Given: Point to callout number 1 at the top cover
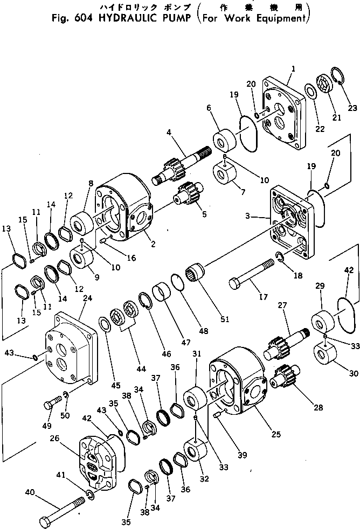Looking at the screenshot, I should pyautogui.click(x=293, y=69).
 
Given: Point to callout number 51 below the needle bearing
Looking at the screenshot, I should pyautogui.click(x=224, y=319).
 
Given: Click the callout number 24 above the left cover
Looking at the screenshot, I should pyautogui.click(x=87, y=298).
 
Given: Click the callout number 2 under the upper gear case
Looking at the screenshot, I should pyautogui.click(x=153, y=243).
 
